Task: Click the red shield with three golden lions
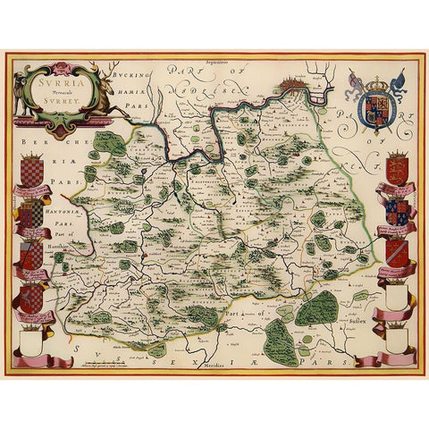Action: point(400,167)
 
